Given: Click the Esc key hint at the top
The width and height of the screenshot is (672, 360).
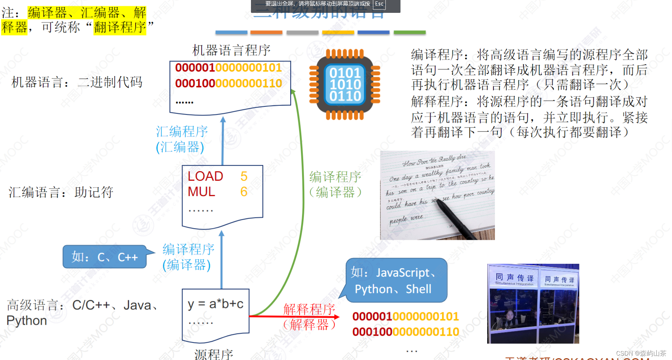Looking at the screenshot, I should click(x=379, y=4).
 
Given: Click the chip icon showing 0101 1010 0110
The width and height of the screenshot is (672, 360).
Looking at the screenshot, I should click(x=345, y=84).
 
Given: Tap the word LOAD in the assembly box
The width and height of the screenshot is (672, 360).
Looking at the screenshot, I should click(x=205, y=176).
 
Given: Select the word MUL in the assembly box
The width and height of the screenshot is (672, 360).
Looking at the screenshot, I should click(x=201, y=192).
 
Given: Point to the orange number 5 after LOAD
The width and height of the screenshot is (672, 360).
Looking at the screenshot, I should click(x=244, y=176).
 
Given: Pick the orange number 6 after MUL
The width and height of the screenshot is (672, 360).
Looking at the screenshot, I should click(x=244, y=192).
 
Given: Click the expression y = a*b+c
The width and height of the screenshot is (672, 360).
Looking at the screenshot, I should click(x=215, y=304).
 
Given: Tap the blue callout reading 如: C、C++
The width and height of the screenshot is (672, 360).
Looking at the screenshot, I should click(x=105, y=257).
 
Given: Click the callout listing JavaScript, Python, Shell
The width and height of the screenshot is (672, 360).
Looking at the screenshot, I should click(x=396, y=281).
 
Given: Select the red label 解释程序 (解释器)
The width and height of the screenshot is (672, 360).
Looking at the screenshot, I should click(x=309, y=317).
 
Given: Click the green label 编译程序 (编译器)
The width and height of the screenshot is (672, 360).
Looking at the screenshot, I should click(x=335, y=184).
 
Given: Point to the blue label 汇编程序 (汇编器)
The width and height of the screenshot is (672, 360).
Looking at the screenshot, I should click(x=182, y=139).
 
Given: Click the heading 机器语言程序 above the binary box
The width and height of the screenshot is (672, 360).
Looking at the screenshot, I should click(x=231, y=50).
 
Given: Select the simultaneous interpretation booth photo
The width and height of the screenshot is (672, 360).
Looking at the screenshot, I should click(x=533, y=303).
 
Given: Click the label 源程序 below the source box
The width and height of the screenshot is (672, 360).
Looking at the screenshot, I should click(x=214, y=354).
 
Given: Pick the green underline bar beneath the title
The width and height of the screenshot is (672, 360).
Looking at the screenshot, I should click(x=409, y=32).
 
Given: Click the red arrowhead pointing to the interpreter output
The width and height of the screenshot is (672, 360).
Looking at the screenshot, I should click(x=337, y=316).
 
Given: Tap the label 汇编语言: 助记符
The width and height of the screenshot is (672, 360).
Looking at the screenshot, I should click(x=61, y=192).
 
